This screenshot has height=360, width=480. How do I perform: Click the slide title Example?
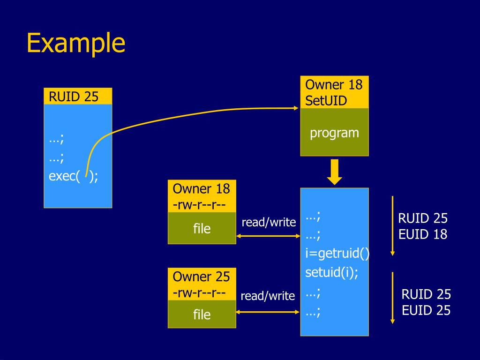point(76,43)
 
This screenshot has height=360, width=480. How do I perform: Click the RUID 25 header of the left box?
point(74,97)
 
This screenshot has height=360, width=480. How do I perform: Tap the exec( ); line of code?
point(74,177)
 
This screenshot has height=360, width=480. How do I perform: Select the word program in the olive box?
point(334,133)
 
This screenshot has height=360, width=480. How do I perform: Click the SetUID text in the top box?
point(326,100)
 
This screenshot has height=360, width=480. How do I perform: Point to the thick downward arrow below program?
point(334,172)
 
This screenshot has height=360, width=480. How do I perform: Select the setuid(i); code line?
point(331,272)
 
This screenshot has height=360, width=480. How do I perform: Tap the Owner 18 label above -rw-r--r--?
point(202,189)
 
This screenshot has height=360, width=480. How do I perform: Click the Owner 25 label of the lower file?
point(202,277)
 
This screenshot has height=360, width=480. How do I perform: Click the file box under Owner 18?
point(202,228)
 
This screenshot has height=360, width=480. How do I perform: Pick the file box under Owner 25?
point(202,314)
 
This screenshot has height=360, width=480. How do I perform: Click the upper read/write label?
point(269,222)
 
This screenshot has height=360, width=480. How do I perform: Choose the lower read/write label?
point(268,296)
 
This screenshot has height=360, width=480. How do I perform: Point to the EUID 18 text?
point(423,234)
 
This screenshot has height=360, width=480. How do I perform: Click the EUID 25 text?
point(426,310)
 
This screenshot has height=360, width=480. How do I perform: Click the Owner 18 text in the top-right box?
point(334,85)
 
